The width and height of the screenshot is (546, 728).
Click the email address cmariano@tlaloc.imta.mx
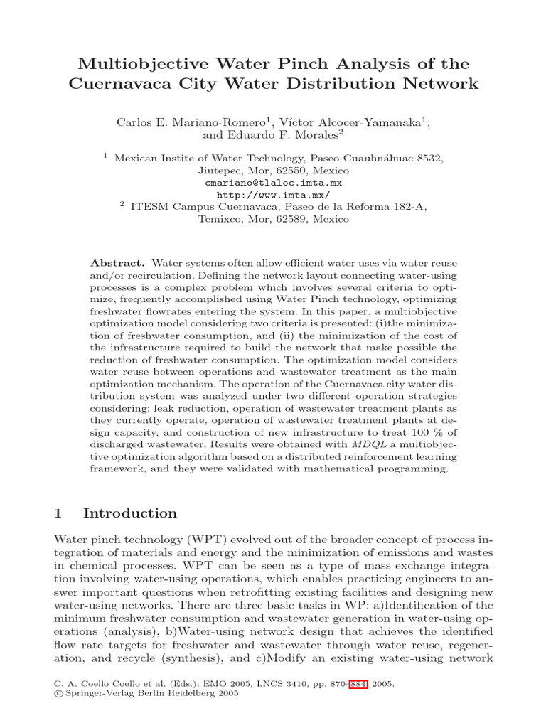273,182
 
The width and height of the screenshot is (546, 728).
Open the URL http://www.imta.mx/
273,194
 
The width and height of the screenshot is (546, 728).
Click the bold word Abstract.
122,262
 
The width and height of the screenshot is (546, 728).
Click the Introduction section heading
130,513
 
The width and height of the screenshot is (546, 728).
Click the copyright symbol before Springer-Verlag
58,694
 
